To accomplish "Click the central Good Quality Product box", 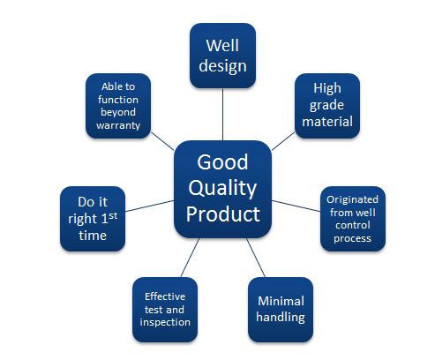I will point(222,188).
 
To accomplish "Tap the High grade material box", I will point(326,105).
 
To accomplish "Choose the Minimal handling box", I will point(281,309).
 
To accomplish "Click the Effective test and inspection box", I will point(165,309).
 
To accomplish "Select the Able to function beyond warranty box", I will point(117,105).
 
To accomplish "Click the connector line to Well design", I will point(222,115).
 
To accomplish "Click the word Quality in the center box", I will point(222,188).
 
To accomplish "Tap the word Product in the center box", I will point(222,214).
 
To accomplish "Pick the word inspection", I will point(165,322).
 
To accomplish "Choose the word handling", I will point(281,317).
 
